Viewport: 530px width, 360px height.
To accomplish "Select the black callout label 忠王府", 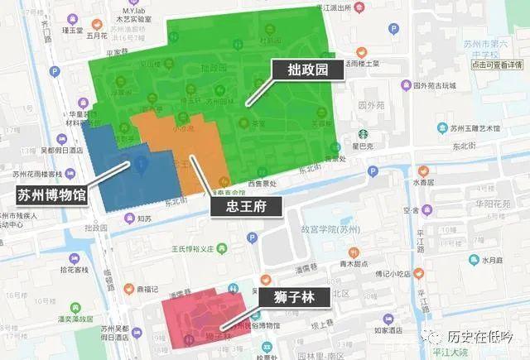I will point(246,205).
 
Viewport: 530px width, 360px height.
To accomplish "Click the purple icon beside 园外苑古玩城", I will point(405,84).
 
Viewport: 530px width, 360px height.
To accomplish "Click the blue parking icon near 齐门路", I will point(55,72).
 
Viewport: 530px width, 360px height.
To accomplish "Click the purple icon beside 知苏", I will point(128,218).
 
